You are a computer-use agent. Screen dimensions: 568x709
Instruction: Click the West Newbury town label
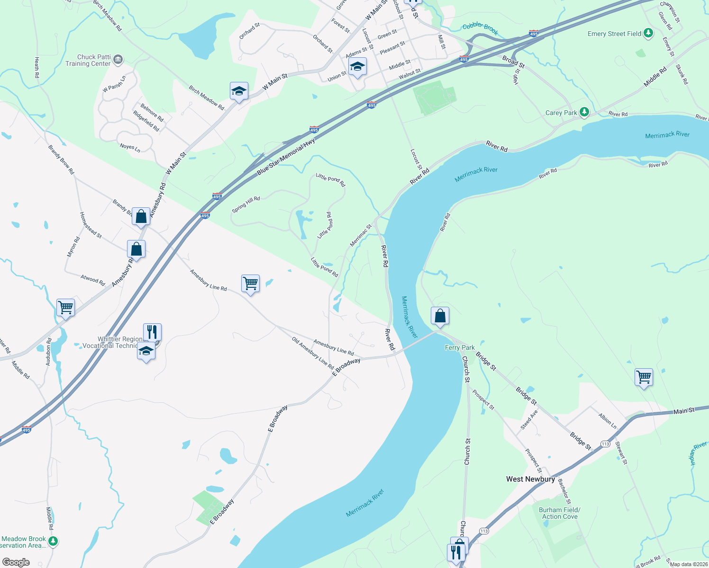[530, 479]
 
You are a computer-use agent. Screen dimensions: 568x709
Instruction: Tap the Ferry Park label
[460, 347]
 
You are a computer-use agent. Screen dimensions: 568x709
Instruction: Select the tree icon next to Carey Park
[584, 112]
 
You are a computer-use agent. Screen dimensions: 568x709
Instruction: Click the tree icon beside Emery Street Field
[648, 33]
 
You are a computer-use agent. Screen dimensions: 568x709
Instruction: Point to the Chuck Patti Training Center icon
[118, 60]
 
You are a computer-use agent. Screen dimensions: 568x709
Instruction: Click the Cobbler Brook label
[480, 28]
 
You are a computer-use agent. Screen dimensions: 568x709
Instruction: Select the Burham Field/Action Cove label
[560, 513]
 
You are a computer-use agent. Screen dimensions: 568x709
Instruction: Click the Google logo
[16, 562]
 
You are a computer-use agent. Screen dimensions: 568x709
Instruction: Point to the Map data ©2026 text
[688, 564]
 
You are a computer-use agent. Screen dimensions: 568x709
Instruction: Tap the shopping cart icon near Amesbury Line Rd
[250, 284]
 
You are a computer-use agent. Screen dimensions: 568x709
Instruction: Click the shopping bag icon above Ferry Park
[440, 315]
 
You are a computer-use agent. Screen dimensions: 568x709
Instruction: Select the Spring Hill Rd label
[246, 204]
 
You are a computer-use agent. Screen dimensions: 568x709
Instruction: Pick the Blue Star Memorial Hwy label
[286, 158]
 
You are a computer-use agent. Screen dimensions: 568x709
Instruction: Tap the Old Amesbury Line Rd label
[313, 353]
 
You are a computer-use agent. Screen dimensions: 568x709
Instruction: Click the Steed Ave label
[529, 419]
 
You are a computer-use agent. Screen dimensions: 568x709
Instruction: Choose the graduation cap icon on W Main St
[239, 90]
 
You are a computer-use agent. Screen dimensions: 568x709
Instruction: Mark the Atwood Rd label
[92, 279]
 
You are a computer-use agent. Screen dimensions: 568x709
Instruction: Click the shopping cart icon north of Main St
[644, 377]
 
